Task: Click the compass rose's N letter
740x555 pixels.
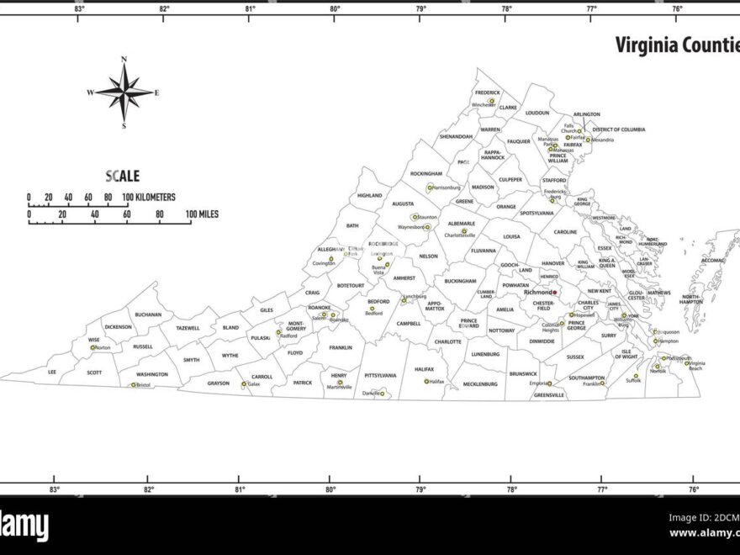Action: coord(124,60)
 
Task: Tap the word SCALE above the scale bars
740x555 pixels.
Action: coord(123,177)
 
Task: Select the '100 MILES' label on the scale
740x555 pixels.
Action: coord(202,214)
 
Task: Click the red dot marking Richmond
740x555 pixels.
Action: coord(555,293)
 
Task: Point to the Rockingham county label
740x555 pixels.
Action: coord(425,174)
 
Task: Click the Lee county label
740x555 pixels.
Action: coord(52,371)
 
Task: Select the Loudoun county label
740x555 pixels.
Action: coord(536,113)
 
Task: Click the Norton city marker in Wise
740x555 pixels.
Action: coord(93,347)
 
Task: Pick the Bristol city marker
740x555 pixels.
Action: coord(133,385)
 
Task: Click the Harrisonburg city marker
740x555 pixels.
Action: coord(430,188)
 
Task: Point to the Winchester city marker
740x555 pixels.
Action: coord(492,101)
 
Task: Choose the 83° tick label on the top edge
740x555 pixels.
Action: coord(79,8)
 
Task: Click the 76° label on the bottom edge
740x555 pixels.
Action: coord(694,489)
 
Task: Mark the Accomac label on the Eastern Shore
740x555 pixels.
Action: coord(712,261)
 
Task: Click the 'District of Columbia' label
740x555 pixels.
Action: coord(618,129)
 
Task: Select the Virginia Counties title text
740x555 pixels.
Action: coord(676,45)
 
